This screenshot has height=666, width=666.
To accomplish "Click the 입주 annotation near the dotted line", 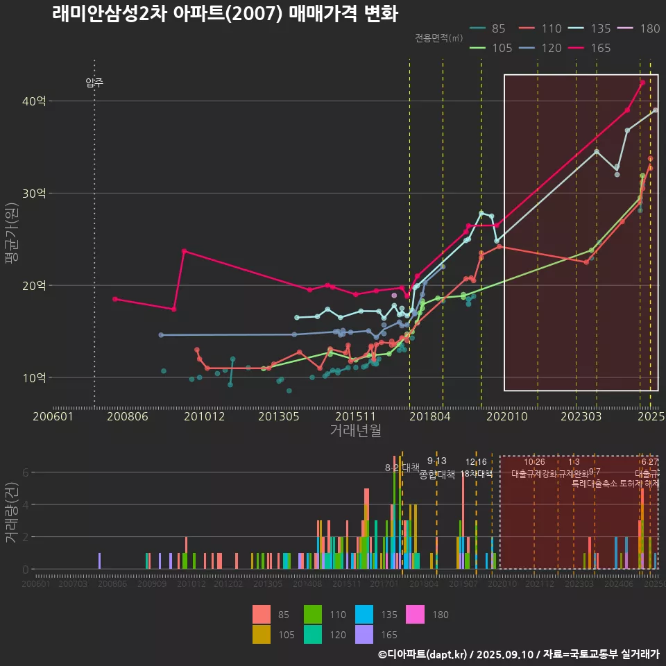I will coord(94,83).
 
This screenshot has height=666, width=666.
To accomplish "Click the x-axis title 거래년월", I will coord(355,431).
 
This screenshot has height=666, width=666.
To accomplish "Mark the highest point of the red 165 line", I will coord(642,83).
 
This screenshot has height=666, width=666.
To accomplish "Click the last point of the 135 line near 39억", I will coord(656,110).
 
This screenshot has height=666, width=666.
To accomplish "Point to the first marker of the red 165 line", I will coord(115,299).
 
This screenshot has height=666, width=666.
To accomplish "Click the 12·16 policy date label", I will coord(476,462).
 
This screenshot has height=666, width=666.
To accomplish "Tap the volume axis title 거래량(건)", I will coord(11,513).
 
